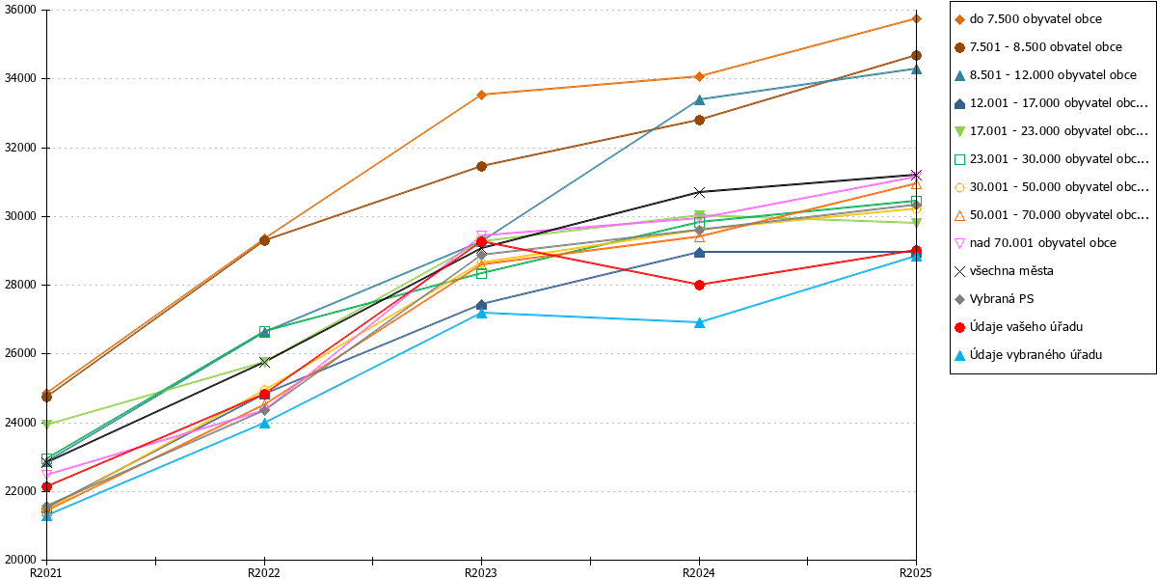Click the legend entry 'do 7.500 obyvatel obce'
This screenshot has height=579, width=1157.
pyautogui.click(x=1028, y=19)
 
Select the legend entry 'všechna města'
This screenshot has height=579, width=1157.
pyautogui.click(x=1004, y=271)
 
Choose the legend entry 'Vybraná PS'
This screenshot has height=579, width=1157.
pyautogui.click(x=994, y=299)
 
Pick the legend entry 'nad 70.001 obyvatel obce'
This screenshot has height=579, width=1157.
pyautogui.click(x=1036, y=243)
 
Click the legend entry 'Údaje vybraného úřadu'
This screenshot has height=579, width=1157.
pyautogui.click(x=1028, y=355)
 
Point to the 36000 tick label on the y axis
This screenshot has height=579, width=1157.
pyautogui.click(x=20, y=10)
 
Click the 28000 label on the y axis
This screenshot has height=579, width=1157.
pyautogui.click(x=20, y=285)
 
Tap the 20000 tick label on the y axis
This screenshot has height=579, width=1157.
pyautogui.click(x=20, y=560)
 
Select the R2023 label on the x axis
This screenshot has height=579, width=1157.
pyautogui.click(x=481, y=572)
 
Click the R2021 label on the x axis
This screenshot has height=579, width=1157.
pyautogui.click(x=46, y=572)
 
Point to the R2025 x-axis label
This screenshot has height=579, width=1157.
pyautogui.click(x=916, y=572)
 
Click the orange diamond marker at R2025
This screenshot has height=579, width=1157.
pyautogui.click(x=916, y=19)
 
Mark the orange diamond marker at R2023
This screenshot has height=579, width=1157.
pyautogui.click(x=481, y=95)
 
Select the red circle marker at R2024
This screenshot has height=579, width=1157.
pyautogui.click(x=699, y=285)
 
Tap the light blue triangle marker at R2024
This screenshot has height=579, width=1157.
pyautogui.click(x=699, y=323)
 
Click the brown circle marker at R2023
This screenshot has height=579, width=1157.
pyautogui.click(x=481, y=166)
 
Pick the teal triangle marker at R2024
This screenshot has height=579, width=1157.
pyautogui.click(x=699, y=99)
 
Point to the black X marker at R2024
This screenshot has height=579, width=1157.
pyautogui.click(x=699, y=192)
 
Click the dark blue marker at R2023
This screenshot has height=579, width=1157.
pyautogui.click(x=481, y=305)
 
